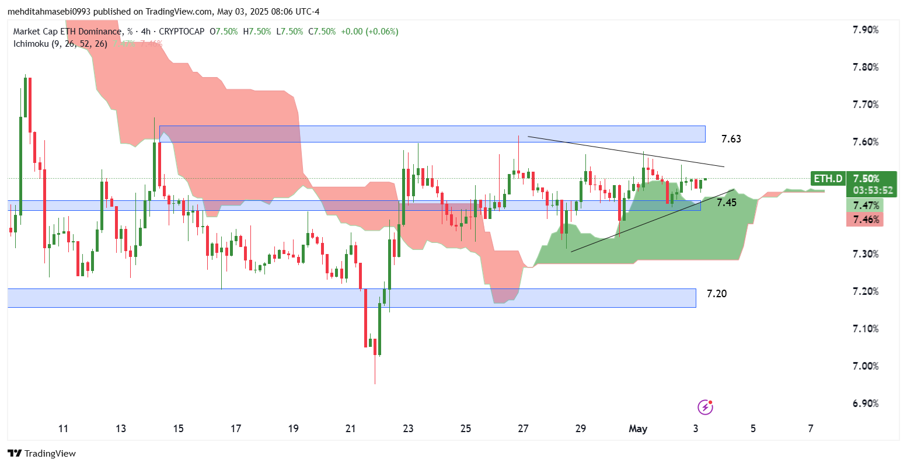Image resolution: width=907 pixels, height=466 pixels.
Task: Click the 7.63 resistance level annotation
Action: (731, 139)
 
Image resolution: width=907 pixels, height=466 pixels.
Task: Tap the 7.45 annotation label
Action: (726, 203)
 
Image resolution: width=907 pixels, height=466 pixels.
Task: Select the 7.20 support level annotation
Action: (716, 294)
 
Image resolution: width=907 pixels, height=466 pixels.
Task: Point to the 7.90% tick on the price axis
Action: (866, 30)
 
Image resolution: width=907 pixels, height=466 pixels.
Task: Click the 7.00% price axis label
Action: (866, 366)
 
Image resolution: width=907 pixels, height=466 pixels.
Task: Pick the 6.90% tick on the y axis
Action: (866, 404)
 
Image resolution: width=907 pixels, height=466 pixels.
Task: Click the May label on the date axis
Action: (638, 429)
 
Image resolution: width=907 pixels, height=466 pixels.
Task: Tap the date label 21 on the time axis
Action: (350, 429)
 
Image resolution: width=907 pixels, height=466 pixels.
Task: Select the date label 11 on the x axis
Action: (63, 429)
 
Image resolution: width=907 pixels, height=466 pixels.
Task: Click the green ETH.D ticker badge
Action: (828, 179)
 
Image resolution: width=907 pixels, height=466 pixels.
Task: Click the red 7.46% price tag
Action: (865, 220)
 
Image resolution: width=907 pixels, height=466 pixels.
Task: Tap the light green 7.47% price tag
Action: (865, 206)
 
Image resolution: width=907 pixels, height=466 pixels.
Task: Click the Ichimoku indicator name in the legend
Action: (32, 44)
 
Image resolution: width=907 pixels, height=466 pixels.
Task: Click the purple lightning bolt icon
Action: (705, 407)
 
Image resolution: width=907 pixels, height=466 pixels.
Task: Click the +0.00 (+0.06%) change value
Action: (370, 32)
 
